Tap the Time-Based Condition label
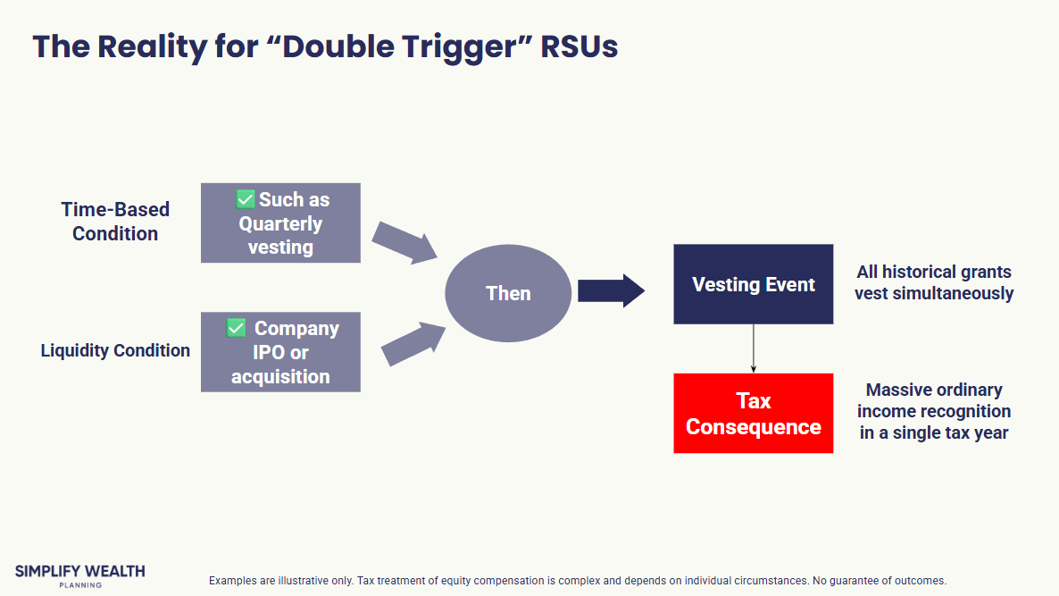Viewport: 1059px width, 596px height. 115,222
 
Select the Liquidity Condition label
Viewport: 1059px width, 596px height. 115,350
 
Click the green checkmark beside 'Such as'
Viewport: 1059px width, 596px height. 246,199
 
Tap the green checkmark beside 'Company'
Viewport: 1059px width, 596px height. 236,328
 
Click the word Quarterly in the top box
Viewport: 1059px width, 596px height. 280,223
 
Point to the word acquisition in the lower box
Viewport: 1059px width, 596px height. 280,376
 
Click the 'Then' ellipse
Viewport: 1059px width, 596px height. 507,293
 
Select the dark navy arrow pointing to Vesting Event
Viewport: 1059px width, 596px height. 611,290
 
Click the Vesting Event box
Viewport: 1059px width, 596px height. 753,284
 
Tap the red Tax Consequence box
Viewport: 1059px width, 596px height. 753,414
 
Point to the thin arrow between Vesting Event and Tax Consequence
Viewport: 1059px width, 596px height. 754,348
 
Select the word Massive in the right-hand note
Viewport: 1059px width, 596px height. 896,390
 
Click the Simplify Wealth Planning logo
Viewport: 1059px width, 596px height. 79,575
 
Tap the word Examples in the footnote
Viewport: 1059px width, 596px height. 232,581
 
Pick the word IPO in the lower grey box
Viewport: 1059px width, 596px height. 268,352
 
